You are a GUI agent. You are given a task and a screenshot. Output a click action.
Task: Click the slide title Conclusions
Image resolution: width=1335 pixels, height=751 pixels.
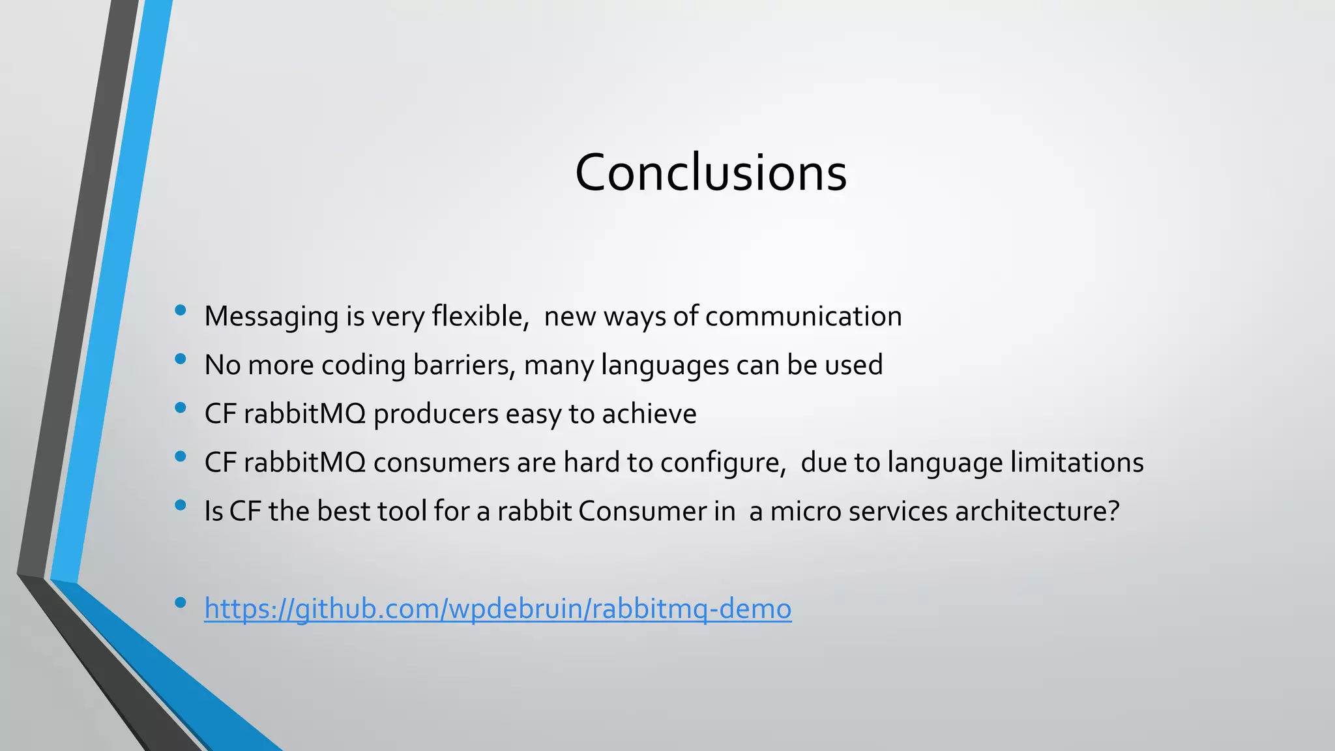711,173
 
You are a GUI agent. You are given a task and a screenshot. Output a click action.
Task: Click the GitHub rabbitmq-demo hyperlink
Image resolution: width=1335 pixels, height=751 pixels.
497,608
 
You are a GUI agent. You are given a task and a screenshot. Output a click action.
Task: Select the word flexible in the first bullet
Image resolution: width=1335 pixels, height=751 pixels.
479,316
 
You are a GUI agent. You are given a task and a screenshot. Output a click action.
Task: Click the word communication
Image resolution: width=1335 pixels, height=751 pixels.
803,316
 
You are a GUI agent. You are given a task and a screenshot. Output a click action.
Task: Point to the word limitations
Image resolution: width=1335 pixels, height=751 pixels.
1077,462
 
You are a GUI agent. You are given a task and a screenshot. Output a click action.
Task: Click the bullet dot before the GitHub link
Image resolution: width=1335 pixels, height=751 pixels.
181,602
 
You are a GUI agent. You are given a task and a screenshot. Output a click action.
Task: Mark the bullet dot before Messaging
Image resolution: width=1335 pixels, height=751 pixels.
181,310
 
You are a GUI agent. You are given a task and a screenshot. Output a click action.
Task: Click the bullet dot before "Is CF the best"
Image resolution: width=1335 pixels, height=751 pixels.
181,505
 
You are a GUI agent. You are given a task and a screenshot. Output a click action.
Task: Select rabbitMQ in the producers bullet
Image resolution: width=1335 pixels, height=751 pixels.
304,414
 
